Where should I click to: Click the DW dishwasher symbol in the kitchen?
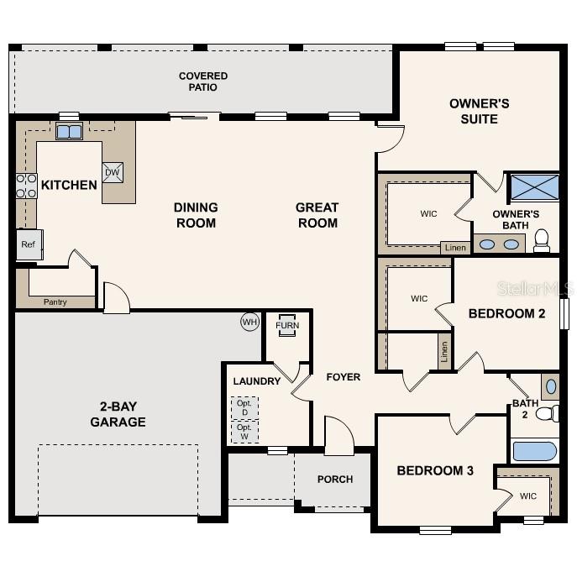pyautogui.click(x=113, y=171)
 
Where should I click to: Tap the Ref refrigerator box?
pyautogui.click(x=28, y=244)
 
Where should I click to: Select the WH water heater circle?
pyautogui.click(x=249, y=322)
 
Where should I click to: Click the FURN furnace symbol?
pyautogui.click(x=287, y=326)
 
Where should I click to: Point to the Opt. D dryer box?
pyautogui.click(x=244, y=407)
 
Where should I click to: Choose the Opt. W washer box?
pyautogui.click(x=244, y=431)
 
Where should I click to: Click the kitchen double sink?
pyautogui.click(x=69, y=132)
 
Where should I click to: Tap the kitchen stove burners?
pyautogui.click(x=26, y=186)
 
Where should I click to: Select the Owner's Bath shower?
pyautogui.click(x=534, y=187)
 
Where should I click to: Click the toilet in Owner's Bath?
pyautogui.click(x=542, y=240)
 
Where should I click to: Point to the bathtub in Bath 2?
pyautogui.click(x=534, y=451)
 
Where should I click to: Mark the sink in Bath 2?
pyautogui.click(x=550, y=386)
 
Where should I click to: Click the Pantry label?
pyautogui.click(x=55, y=302)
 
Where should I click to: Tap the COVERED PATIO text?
pyautogui.click(x=203, y=81)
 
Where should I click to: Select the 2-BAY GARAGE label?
pyautogui.click(x=118, y=414)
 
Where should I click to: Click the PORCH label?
pyautogui.click(x=334, y=480)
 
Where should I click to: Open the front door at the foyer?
pyautogui.click(x=338, y=434)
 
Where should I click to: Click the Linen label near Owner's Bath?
pyautogui.click(x=454, y=248)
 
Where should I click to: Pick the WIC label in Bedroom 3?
pyautogui.click(x=527, y=496)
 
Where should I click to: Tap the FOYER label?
pyautogui.click(x=344, y=377)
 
